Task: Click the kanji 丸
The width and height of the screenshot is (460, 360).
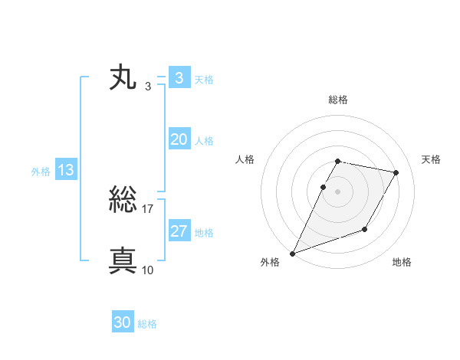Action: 123,78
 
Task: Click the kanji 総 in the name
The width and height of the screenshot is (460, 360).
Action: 123,201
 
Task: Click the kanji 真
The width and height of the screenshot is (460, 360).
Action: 123,260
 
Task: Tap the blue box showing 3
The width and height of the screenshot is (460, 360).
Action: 179,78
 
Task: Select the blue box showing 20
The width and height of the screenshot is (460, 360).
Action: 179,139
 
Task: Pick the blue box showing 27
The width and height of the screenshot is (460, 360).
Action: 179,231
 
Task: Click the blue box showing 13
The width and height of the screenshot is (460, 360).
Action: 66,170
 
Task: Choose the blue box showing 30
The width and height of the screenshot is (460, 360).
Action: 123,322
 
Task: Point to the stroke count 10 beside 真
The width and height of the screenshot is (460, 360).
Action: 148,269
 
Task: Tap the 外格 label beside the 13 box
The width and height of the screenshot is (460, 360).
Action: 41,172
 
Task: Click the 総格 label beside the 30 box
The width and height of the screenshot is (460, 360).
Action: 147,324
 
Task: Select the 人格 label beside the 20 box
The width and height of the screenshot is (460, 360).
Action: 204,141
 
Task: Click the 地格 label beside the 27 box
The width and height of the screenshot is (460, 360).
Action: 204,233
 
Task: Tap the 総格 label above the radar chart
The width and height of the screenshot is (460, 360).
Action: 338,100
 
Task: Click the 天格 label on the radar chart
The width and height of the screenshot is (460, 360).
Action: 431,159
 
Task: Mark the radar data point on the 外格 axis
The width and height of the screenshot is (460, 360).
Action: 292,254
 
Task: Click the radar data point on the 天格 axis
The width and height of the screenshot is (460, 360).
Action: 396,173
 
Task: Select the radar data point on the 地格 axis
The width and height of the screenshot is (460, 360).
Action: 365,229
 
